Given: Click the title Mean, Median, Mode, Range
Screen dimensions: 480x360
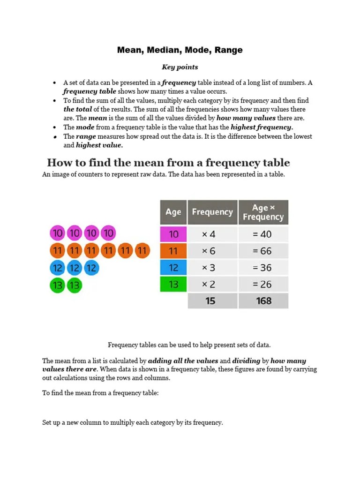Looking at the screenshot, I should (x=180, y=50).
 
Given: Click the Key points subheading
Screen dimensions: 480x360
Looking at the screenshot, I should (x=180, y=67).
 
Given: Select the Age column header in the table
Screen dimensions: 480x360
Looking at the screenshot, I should (x=173, y=212).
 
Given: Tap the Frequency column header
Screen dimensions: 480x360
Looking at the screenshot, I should (x=212, y=212).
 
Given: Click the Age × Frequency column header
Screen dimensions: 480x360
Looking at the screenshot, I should (x=263, y=212).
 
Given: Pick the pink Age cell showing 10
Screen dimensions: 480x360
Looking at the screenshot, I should (x=173, y=234).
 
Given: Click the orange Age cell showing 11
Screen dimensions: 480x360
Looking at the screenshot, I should (x=173, y=251).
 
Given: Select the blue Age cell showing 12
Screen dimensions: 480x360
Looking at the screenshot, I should (x=173, y=268).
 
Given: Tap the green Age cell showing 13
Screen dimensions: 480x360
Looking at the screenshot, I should (x=173, y=284).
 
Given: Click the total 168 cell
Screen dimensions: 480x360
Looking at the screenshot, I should (x=263, y=300).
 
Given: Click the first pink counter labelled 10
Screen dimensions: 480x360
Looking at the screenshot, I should (x=58, y=233).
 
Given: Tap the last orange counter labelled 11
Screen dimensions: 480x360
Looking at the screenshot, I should (x=142, y=251).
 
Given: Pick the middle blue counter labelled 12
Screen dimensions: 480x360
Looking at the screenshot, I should (x=75, y=268).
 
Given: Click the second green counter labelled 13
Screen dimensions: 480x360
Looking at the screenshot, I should (x=75, y=285).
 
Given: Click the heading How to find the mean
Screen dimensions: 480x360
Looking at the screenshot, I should (x=168, y=163).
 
